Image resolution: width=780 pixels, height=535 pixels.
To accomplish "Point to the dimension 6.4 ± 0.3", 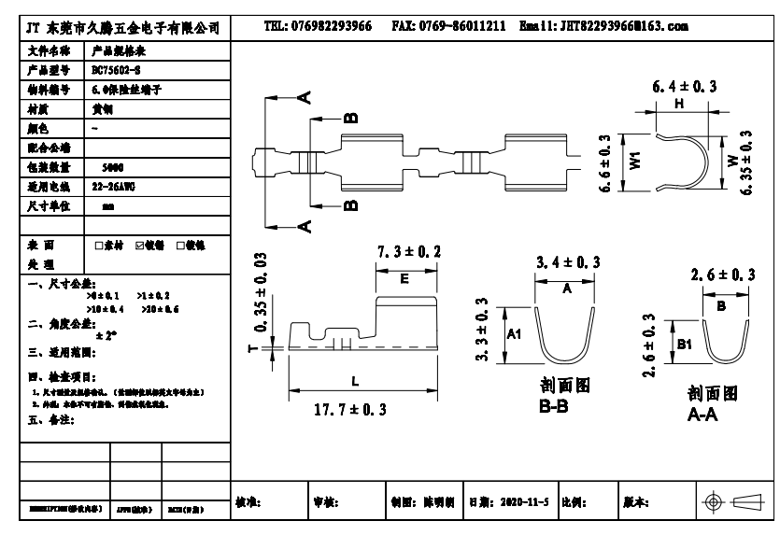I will tap(684, 86).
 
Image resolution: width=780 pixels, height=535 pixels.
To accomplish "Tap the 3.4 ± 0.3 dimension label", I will tap(567, 264).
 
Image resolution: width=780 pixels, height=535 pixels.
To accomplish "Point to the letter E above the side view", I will tap(404, 278).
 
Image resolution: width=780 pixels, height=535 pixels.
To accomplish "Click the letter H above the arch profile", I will tap(677, 106).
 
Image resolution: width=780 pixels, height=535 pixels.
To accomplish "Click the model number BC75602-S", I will tap(118, 69).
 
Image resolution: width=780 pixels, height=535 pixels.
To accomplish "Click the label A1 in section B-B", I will tap(513, 334).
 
